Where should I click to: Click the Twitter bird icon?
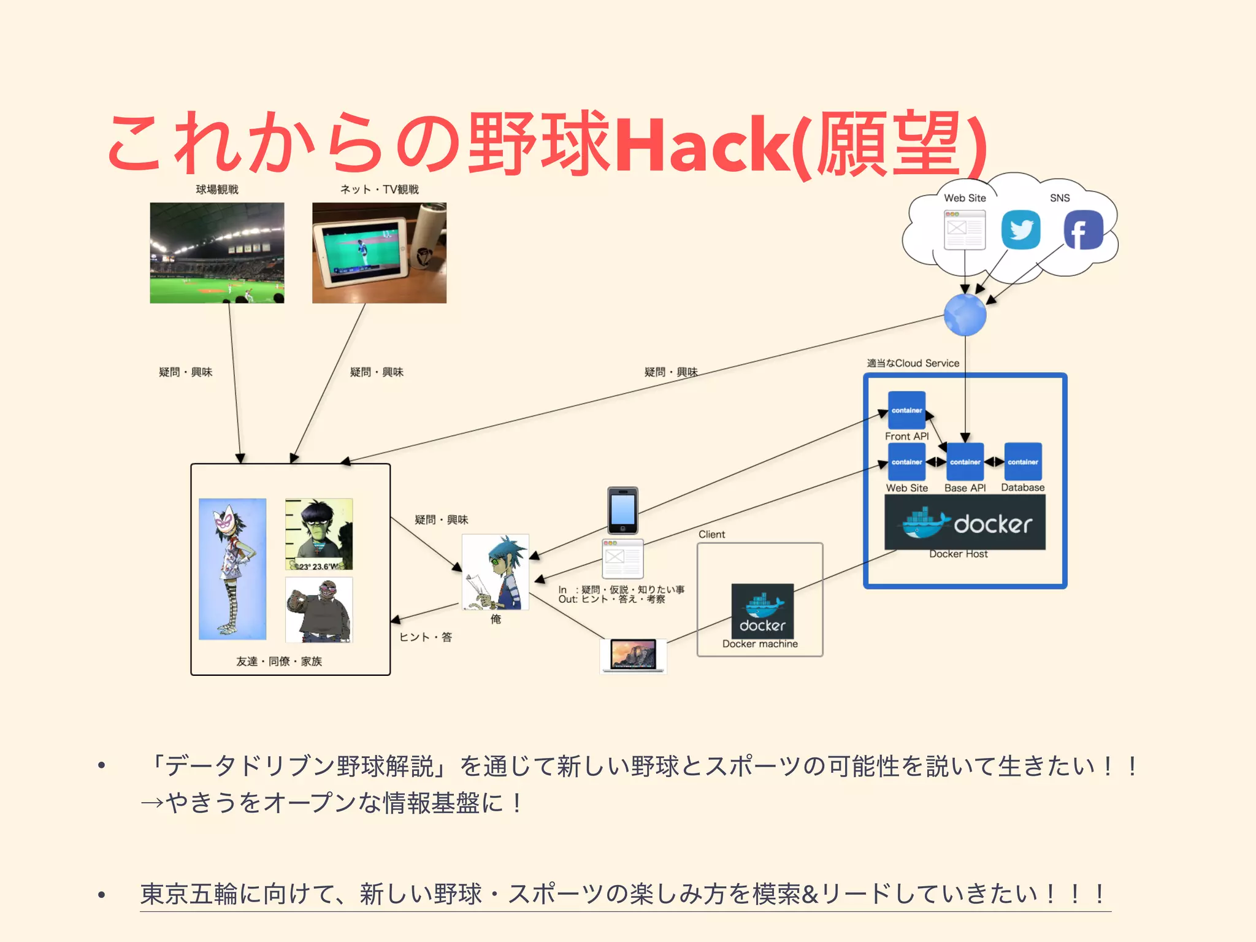click(x=1020, y=229)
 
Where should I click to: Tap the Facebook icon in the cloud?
click(x=1083, y=230)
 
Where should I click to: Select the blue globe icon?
click(x=965, y=315)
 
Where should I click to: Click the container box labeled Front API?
click(x=906, y=410)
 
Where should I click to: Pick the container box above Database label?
click(x=1022, y=461)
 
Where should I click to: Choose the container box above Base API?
click(x=965, y=461)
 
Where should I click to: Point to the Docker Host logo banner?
click(x=965, y=523)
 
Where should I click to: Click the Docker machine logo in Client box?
click(x=762, y=611)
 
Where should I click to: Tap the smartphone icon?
click(x=622, y=510)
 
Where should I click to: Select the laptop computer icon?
click(x=633, y=656)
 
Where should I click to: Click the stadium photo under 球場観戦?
click(x=217, y=253)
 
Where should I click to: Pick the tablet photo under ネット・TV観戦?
click(x=379, y=253)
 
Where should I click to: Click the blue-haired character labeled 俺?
click(x=496, y=572)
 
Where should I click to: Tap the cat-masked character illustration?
click(x=232, y=569)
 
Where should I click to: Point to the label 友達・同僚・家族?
click(x=279, y=661)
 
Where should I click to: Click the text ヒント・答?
click(x=426, y=637)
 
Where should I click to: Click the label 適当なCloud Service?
click(x=913, y=363)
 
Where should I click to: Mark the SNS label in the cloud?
click(x=1059, y=198)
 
